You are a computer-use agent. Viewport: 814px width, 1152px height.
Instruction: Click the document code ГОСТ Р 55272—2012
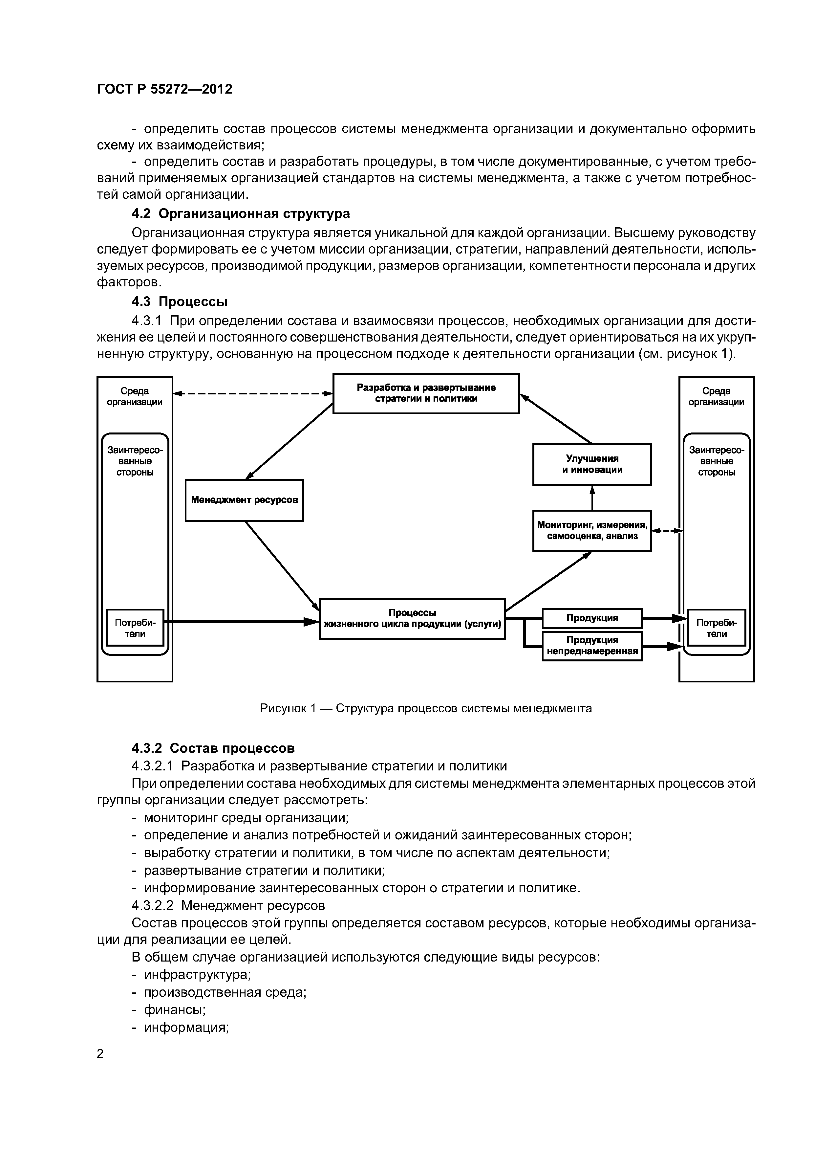164,89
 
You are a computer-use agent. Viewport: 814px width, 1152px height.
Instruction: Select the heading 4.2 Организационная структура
240,214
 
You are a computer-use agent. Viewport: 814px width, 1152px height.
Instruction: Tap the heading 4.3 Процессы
180,301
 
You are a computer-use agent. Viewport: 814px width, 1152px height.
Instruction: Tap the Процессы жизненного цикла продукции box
412,619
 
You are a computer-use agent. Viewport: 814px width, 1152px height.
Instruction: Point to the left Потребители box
135,628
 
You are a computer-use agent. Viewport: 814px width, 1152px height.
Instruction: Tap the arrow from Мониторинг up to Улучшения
592,498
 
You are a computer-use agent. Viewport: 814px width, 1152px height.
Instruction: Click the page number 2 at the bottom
100,1054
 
